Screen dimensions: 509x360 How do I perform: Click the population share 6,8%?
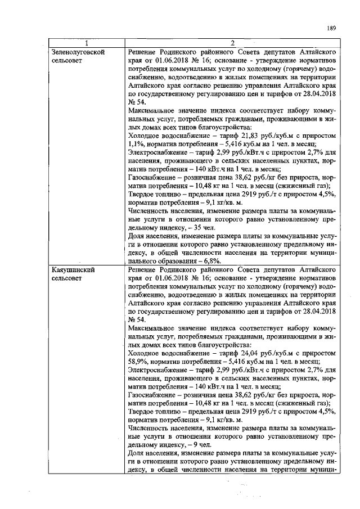point(205,262)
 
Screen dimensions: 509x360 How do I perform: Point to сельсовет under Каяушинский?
point(67,278)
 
